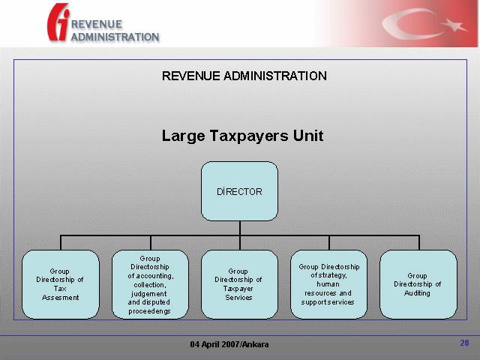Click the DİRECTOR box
(x=239, y=191)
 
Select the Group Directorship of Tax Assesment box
(x=61, y=284)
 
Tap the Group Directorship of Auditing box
(x=418, y=284)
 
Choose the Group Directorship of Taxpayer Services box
(x=239, y=284)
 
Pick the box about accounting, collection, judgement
(x=150, y=284)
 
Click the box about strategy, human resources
(x=328, y=284)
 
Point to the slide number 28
(x=464, y=343)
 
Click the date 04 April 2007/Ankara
(x=229, y=344)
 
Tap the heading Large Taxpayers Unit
(x=242, y=136)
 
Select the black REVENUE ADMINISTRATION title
(x=244, y=76)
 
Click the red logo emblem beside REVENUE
(x=58, y=22)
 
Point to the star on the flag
(x=454, y=25)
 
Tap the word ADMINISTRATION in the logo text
(x=115, y=37)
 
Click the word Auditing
(x=417, y=293)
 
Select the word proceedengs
(x=149, y=311)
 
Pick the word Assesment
(x=60, y=298)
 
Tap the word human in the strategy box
(x=328, y=284)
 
